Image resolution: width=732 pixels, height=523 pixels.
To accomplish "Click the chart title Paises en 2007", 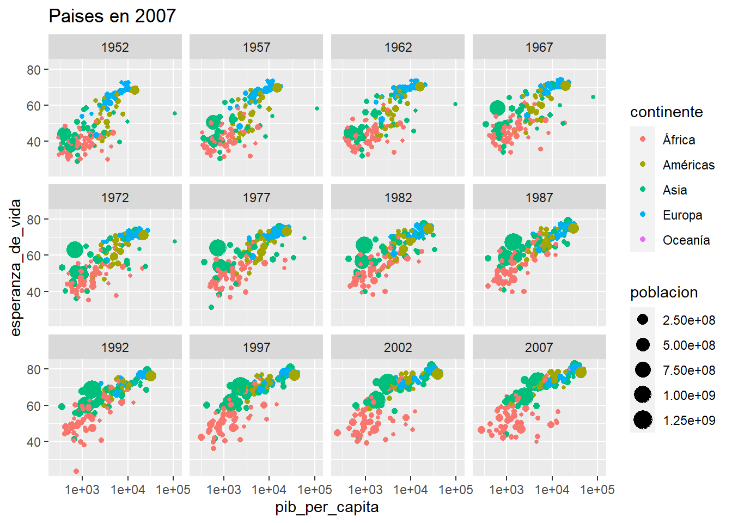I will pos(112,16).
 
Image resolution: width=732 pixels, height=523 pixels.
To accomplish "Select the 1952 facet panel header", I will pos(115,47).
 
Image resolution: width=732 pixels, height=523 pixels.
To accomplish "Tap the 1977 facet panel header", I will pos(256,197).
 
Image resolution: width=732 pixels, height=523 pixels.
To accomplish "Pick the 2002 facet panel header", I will pos(398,347).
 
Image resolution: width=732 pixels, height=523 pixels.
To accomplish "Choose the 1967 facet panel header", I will pos(539,47).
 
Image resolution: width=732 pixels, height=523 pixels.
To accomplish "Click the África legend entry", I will pos(679,140).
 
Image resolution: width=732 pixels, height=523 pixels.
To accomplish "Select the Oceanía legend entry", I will pos(686,240).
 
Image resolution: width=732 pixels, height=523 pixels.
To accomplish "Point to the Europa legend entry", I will pos(682,215).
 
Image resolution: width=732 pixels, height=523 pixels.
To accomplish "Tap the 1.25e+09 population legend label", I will pos(688,421).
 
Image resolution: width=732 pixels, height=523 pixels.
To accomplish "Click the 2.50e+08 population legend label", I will pos(688,320).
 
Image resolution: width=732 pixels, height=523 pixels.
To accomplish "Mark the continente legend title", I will pos(666,112).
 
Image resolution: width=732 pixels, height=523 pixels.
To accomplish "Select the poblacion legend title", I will pos(663,293).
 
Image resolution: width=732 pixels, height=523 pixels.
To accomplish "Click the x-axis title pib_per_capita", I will pos(327,507).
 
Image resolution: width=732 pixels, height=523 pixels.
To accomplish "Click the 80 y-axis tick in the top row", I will pos(34,70).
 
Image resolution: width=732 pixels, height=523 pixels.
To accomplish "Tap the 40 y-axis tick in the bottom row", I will pos(34,442).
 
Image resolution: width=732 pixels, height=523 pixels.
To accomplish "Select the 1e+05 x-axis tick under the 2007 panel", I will pos(597,490).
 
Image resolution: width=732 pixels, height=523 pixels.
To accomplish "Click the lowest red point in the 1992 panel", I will pos(76,471).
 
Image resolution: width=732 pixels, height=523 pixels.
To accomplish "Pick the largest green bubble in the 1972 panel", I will pos(75,250).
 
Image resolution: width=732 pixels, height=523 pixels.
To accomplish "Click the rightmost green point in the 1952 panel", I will pos(175,113).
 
